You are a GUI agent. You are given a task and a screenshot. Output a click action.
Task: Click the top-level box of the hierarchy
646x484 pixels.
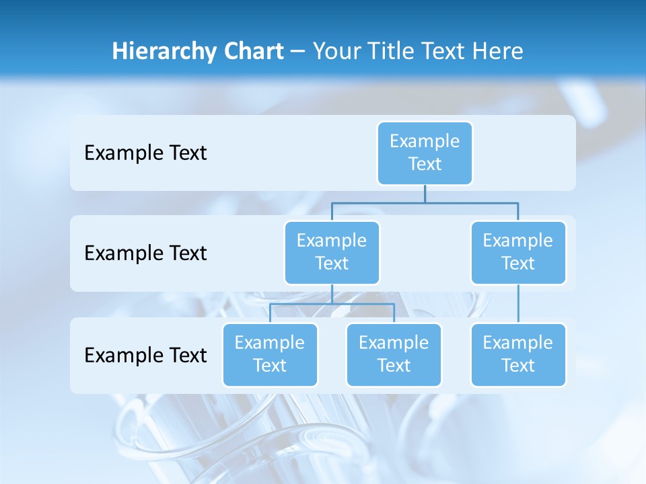pyautogui.click(x=425, y=153)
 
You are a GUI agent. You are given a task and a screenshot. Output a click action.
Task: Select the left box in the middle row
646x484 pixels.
pyautogui.click(x=332, y=253)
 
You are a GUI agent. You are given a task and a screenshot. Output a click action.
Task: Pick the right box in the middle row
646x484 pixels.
pyautogui.click(x=518, y=253)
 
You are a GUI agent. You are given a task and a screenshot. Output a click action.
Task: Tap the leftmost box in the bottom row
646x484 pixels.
pyautogui.click(x=270, y=355)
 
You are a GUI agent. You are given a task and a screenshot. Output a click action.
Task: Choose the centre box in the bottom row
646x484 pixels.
pyautogui.click(x=394, y=355)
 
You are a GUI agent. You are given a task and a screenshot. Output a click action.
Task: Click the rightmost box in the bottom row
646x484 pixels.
pyautogui.click(x=518, y=355)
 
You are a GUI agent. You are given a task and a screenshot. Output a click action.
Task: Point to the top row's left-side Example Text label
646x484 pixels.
pyautogui.click(x=145, y=153)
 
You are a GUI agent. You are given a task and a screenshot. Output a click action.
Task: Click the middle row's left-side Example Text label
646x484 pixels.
pyautogui.click(x=145, y=253)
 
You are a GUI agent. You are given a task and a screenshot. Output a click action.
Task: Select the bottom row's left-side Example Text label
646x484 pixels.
pyautogui.click(x=145, y=355)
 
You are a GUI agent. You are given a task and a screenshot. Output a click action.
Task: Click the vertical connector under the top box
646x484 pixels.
pyautogui.click(x=425, y=194)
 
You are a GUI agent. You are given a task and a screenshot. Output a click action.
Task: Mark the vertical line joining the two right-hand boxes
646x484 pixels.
pyautogui.click(x=518, y=304)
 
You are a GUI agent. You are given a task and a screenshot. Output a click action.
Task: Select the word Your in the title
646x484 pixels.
pyautogui.click(x=334, y=51)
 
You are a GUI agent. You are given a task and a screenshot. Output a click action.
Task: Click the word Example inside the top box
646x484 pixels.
pyautogui.click(x=425, y=141)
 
